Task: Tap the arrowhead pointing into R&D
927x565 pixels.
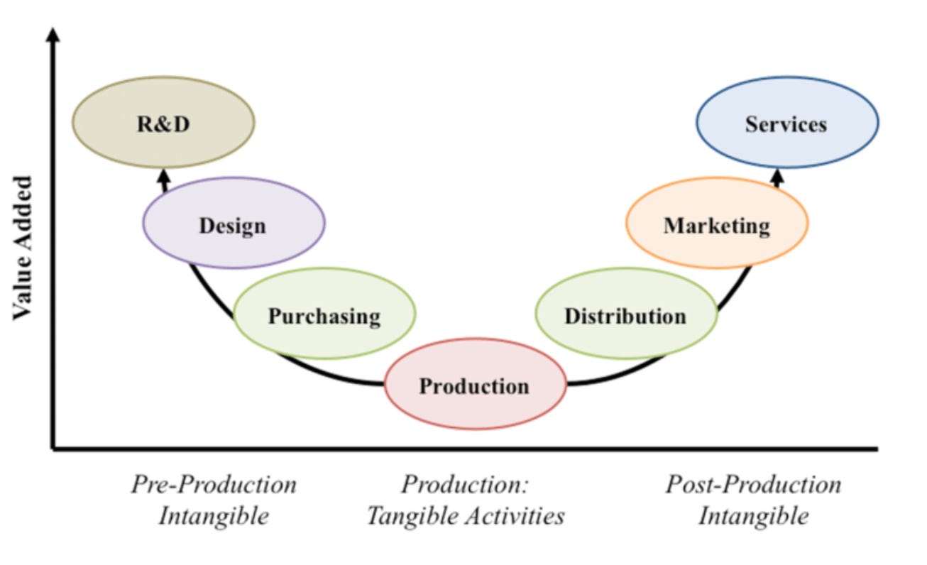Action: [164, 175]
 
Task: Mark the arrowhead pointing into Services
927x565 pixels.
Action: [778, 174]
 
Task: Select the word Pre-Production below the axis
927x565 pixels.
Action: [214, 486]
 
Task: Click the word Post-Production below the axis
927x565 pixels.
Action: [753, 486]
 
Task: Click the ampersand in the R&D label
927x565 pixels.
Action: [164, 125]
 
